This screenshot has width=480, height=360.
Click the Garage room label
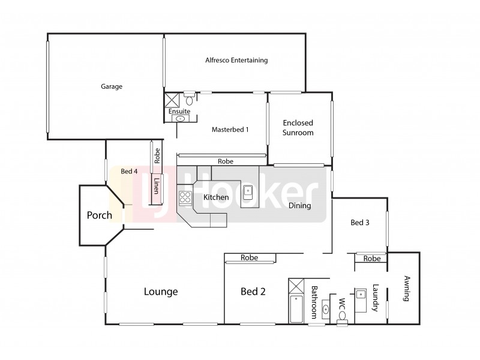(111, 86)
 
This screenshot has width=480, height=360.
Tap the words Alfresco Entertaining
(236, 61)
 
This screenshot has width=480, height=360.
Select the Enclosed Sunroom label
(298, 128)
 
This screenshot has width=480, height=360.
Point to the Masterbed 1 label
(230, 130)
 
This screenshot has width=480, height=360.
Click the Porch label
(100, 215)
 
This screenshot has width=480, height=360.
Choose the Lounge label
(161, 292)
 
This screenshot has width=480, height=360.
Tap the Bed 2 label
(253, 292)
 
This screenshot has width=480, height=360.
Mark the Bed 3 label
(359, 223)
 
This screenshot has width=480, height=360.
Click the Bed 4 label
(129, 171)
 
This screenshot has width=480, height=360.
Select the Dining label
(299, 206)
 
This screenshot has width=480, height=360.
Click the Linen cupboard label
(156, 185)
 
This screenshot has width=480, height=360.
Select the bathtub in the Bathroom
(296, 308)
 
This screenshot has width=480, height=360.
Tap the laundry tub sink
(362, 295)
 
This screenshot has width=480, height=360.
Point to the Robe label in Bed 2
(249, 257)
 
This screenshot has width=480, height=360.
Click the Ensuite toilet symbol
(188, 100)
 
